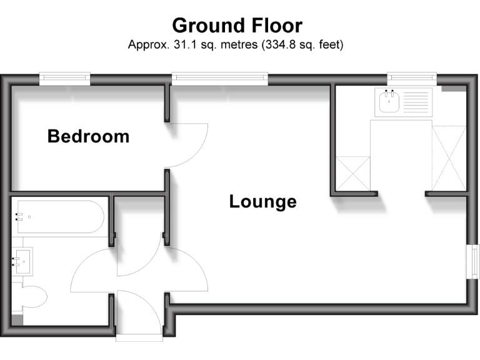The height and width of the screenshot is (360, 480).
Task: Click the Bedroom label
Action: (x=88, y=136)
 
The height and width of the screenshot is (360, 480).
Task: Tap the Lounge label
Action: (x=262, y=202)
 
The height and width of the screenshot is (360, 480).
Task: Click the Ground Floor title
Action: (x=237, y=26)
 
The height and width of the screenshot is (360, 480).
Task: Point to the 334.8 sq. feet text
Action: (x=298, y=45)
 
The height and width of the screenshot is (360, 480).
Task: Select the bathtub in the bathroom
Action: (x=60, y=217)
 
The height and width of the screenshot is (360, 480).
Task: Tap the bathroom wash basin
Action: (x=23, y=261)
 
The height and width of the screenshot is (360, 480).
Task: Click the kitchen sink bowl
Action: (x=389, y=101)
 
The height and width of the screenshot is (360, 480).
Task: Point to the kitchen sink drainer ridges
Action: (x=416, y=101)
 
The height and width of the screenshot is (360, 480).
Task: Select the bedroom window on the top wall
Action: (x=64, y=78)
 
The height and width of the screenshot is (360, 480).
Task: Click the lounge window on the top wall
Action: (x=220, y=78)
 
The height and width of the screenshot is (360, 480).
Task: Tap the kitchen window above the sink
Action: (x=411, y=78)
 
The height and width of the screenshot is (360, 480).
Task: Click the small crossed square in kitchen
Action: (x=353, y=172)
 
